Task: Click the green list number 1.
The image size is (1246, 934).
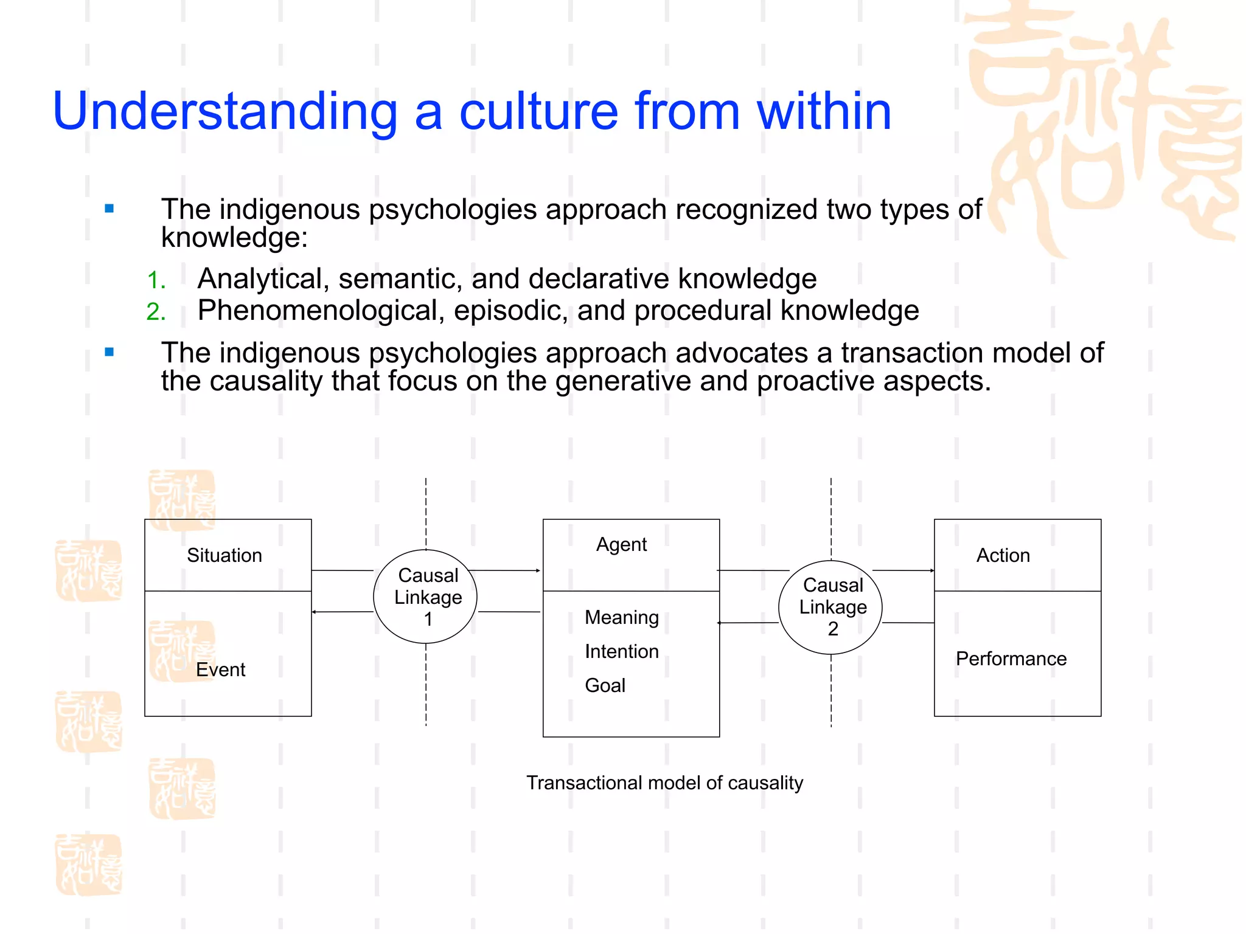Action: coord(156,280)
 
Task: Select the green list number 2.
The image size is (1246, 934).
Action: coord(156,312)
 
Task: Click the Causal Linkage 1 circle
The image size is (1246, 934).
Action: coord(425,597)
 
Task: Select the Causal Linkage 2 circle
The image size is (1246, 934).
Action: coord(830,607)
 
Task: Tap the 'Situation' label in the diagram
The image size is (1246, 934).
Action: coord(224,555)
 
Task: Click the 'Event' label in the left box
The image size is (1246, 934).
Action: coord(220,669)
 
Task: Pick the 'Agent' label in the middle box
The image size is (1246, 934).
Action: coord(621,544)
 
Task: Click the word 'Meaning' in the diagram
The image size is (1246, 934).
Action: coord(621,617)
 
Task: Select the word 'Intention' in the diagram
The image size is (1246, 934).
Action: coord(621,651)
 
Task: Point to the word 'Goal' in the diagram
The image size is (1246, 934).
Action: coord(605,685)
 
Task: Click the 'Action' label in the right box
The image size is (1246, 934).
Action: coord(1003,555)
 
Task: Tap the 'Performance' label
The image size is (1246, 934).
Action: coord(1011,659)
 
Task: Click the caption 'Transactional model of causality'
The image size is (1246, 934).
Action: coord(664,783)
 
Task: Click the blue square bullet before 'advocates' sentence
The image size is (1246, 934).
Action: coord(110,352)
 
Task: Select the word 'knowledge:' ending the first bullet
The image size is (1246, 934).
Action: coord(234,238)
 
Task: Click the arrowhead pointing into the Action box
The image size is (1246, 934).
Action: coord(931,570)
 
